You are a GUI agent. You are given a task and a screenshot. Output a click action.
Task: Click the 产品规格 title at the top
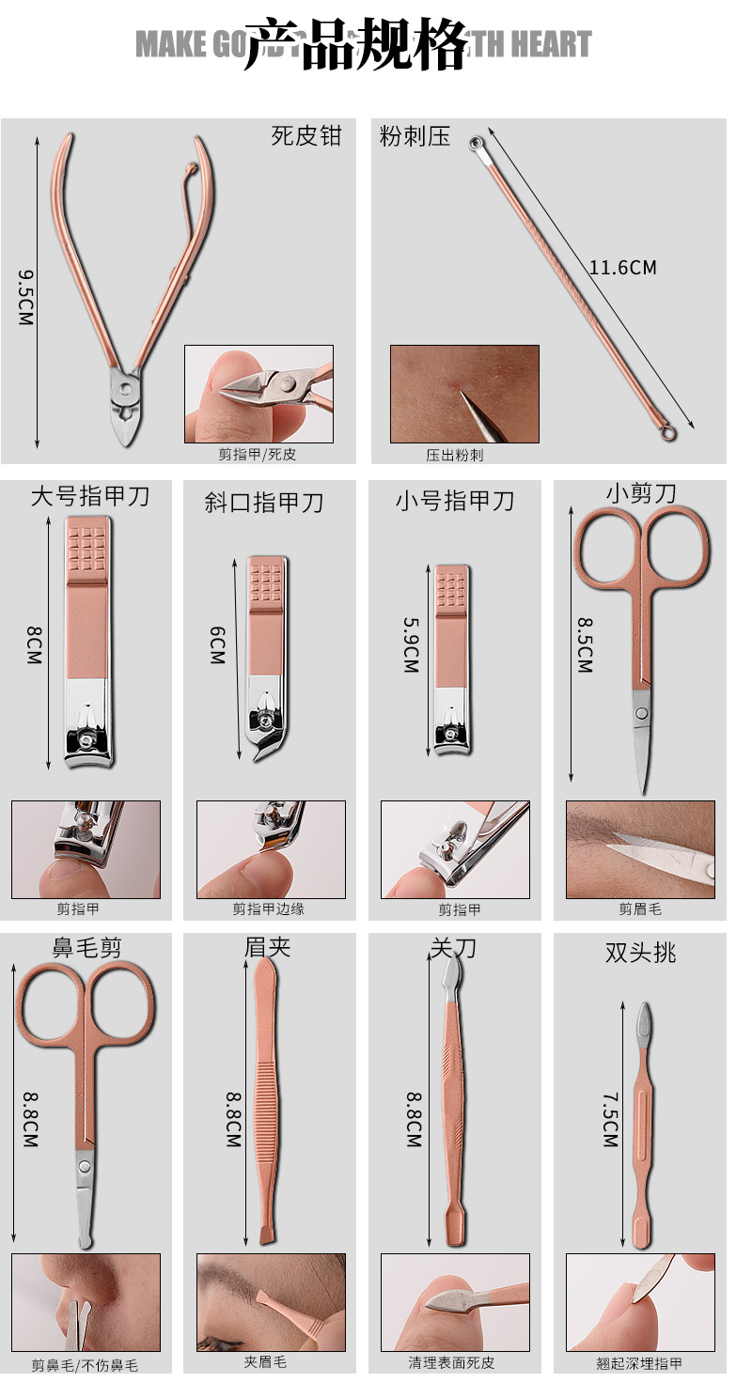tap(355, 44)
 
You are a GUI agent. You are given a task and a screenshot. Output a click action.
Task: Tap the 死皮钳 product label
tap(306, 136)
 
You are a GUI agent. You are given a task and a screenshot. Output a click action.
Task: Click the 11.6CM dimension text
tap(622, 268)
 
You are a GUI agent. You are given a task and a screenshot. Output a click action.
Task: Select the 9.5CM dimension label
tap(26, 298)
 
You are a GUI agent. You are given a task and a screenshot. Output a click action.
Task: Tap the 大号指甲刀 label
tap(89, 496)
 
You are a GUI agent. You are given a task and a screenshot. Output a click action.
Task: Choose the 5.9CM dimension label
tap(410, 644)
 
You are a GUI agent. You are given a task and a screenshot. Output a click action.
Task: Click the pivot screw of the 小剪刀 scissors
tap(641, 714)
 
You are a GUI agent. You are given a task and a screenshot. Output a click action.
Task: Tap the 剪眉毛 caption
tap(640, 908)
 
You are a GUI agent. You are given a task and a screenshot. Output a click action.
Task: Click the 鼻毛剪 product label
tap(86, 948)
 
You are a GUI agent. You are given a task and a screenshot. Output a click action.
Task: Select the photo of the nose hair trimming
tap(86, 1302)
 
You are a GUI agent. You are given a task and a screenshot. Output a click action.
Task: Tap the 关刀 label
tap(453, 948)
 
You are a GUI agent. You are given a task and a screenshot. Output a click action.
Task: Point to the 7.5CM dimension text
tap(610, 1119)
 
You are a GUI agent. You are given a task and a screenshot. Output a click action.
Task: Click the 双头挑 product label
tap(640, 954)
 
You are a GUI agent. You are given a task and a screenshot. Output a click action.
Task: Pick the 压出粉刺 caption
tap(455, 455)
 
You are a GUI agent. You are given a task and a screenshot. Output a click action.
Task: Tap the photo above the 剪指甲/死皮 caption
tap(258, 394)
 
